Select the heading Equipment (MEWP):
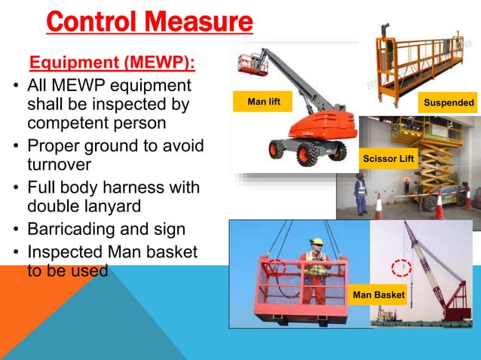coord(110,61)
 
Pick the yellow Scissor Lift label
coord(388,159)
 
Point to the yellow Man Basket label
coord(378,294)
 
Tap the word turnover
coord(60,163)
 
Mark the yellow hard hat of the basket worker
coord(317,243)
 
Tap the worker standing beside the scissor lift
coord(360,195)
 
